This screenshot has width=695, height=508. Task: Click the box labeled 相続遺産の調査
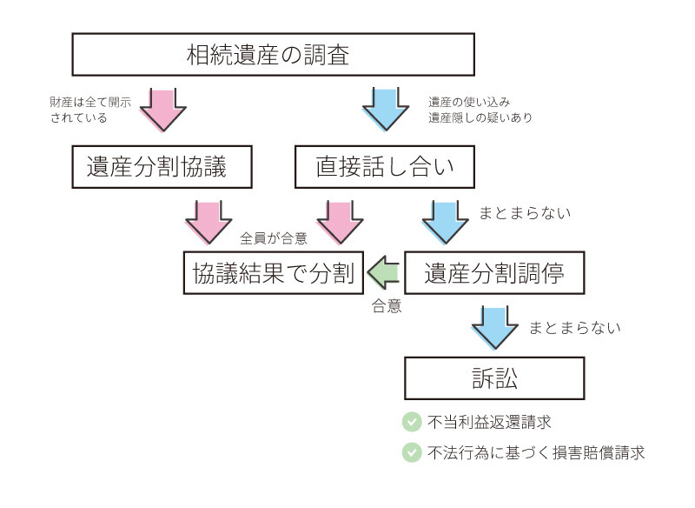click(x=273, y=55)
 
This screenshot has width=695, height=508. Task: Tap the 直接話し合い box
click(x=384, y=166)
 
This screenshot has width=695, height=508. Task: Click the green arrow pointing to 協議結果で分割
click(x=381, y=273)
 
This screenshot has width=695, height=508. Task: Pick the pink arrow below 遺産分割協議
click(x=208, y=220)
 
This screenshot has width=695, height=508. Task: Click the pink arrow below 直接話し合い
click(x=340, y=220)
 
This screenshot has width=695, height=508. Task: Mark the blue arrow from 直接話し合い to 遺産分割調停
click(x=445, y=220)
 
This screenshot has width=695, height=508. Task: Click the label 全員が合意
click(x=273, y=238)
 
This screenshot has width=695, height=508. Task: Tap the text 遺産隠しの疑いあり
click(x=480, y=117)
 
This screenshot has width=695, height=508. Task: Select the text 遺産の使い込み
click(x=463, y=101)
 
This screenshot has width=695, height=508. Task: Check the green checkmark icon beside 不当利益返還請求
click(x=412, y=422)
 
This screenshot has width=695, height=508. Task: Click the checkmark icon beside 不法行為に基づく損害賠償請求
click(x=412, y=452)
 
